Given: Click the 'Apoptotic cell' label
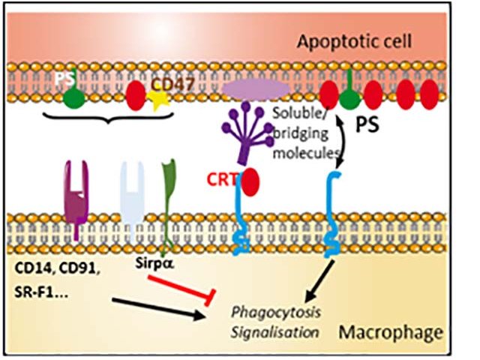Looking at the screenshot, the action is click(x=354, y=42).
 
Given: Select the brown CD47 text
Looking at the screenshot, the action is click(x=172, y=85).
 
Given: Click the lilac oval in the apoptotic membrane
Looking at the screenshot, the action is click(x=256, y=89).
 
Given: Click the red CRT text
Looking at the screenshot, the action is click(x=222, y=180).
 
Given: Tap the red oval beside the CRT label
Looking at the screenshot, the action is click(x=250, y=181).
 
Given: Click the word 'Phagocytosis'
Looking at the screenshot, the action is click(x=276, y=313).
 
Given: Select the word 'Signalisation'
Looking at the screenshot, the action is click(x=275, y=332).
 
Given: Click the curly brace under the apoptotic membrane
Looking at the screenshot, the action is click(x=108, y=118).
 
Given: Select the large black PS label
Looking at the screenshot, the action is click(x=367, y=124).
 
